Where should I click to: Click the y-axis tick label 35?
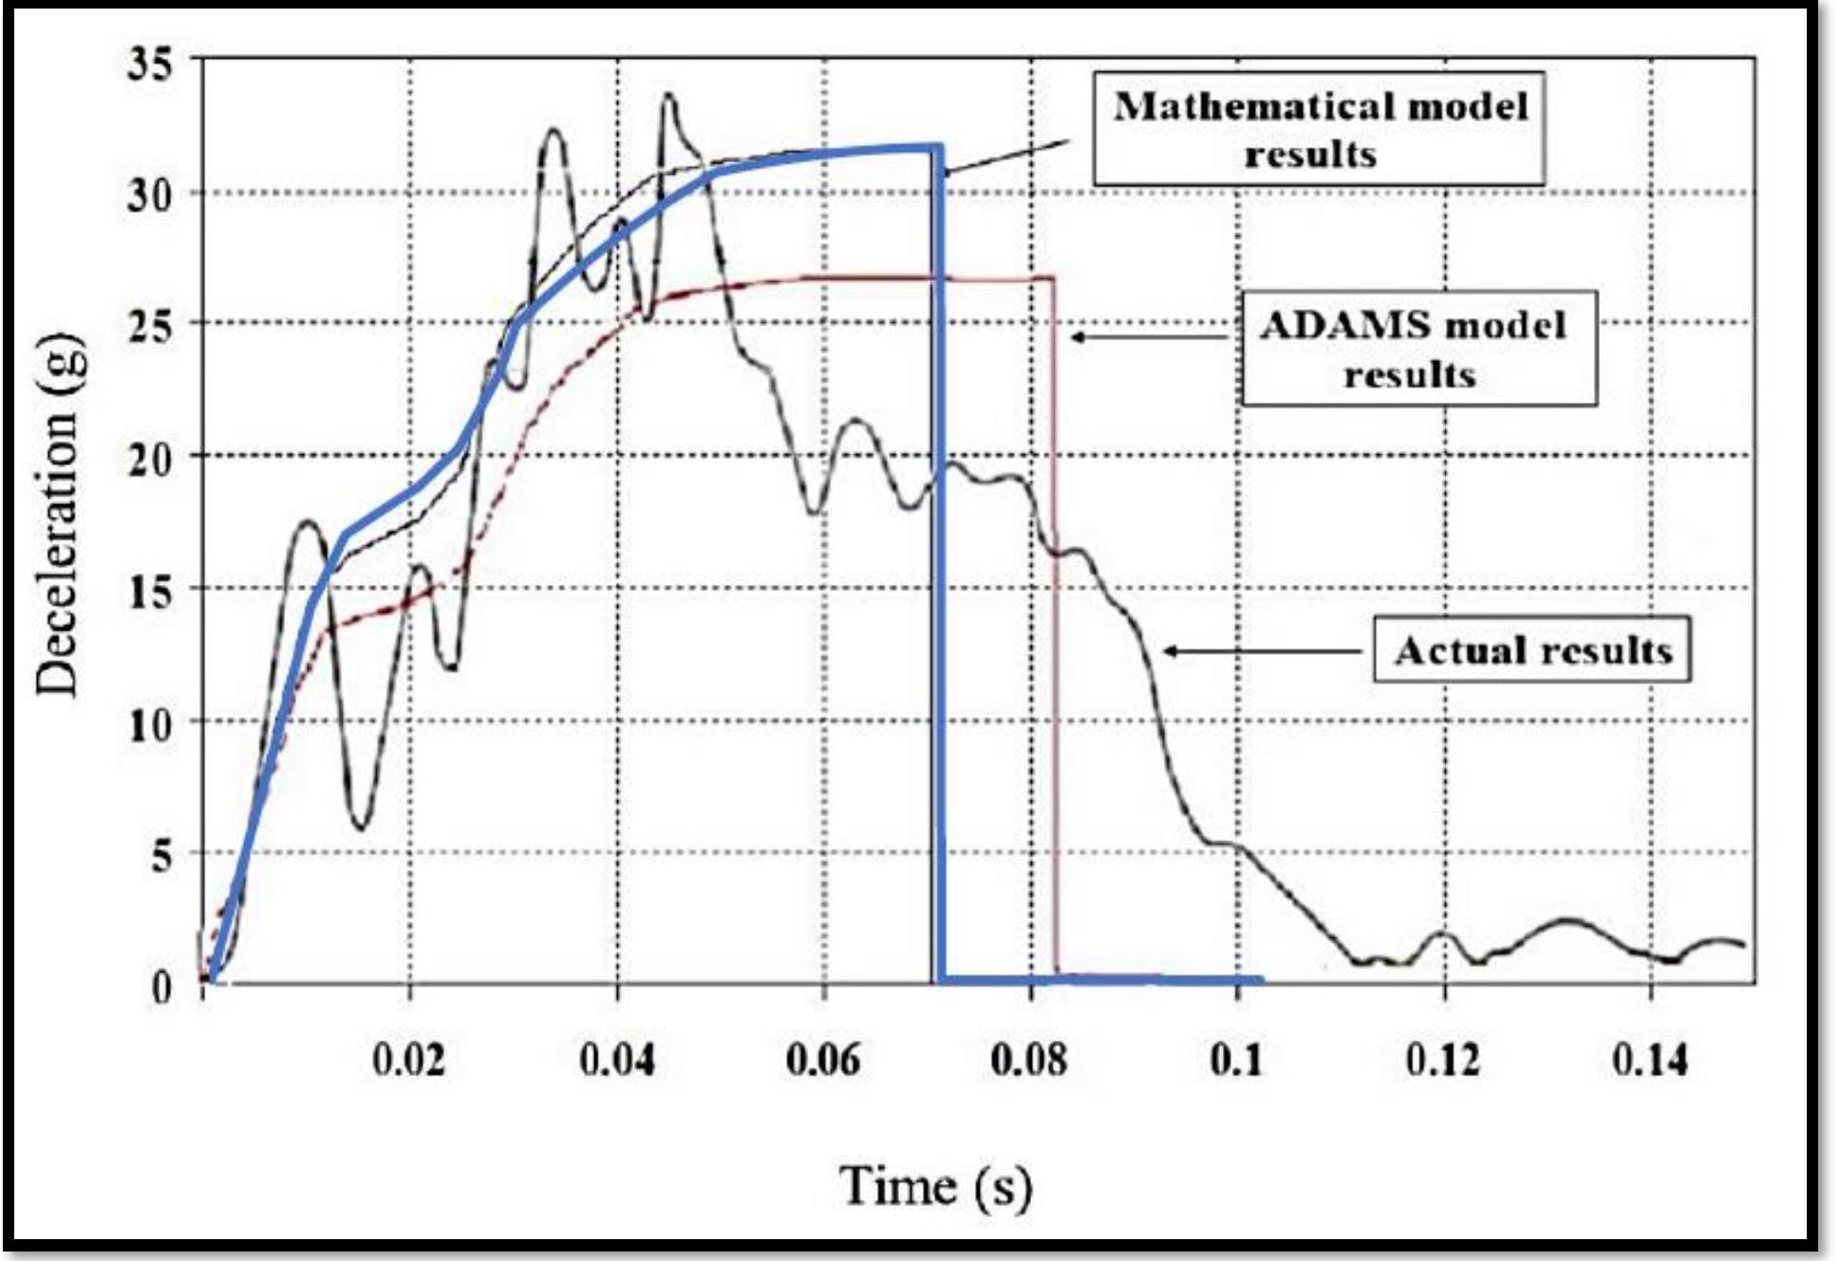click(x=150, y=65)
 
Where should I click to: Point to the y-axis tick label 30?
click(x=150, y=196)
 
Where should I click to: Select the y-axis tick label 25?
click(x=150, y=327)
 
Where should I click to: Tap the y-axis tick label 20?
click(x=150, y=460)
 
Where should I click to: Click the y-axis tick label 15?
click(x=150, y=592)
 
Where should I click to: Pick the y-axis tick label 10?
click(x=150, y=725)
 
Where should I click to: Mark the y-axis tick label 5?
click(x=161, y=856)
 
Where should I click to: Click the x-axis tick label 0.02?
click(x=408, y=1059)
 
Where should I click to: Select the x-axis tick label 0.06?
click(x=823, y=1059)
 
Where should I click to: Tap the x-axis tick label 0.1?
click(x=1237, y=1059)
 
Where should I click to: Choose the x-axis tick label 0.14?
click(x=1650, y=1059)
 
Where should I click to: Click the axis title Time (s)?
click(x=935, y=1186)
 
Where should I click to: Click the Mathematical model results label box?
click(x=1319, y=129)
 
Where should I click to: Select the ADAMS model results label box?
click(x=1419, y=348)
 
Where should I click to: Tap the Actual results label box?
click(x=1531, y=650)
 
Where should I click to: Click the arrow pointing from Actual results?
click(x=1263, y=651)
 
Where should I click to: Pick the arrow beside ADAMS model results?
click(x=1149, y=337)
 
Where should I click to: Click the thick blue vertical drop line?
click(x=939, y=570)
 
